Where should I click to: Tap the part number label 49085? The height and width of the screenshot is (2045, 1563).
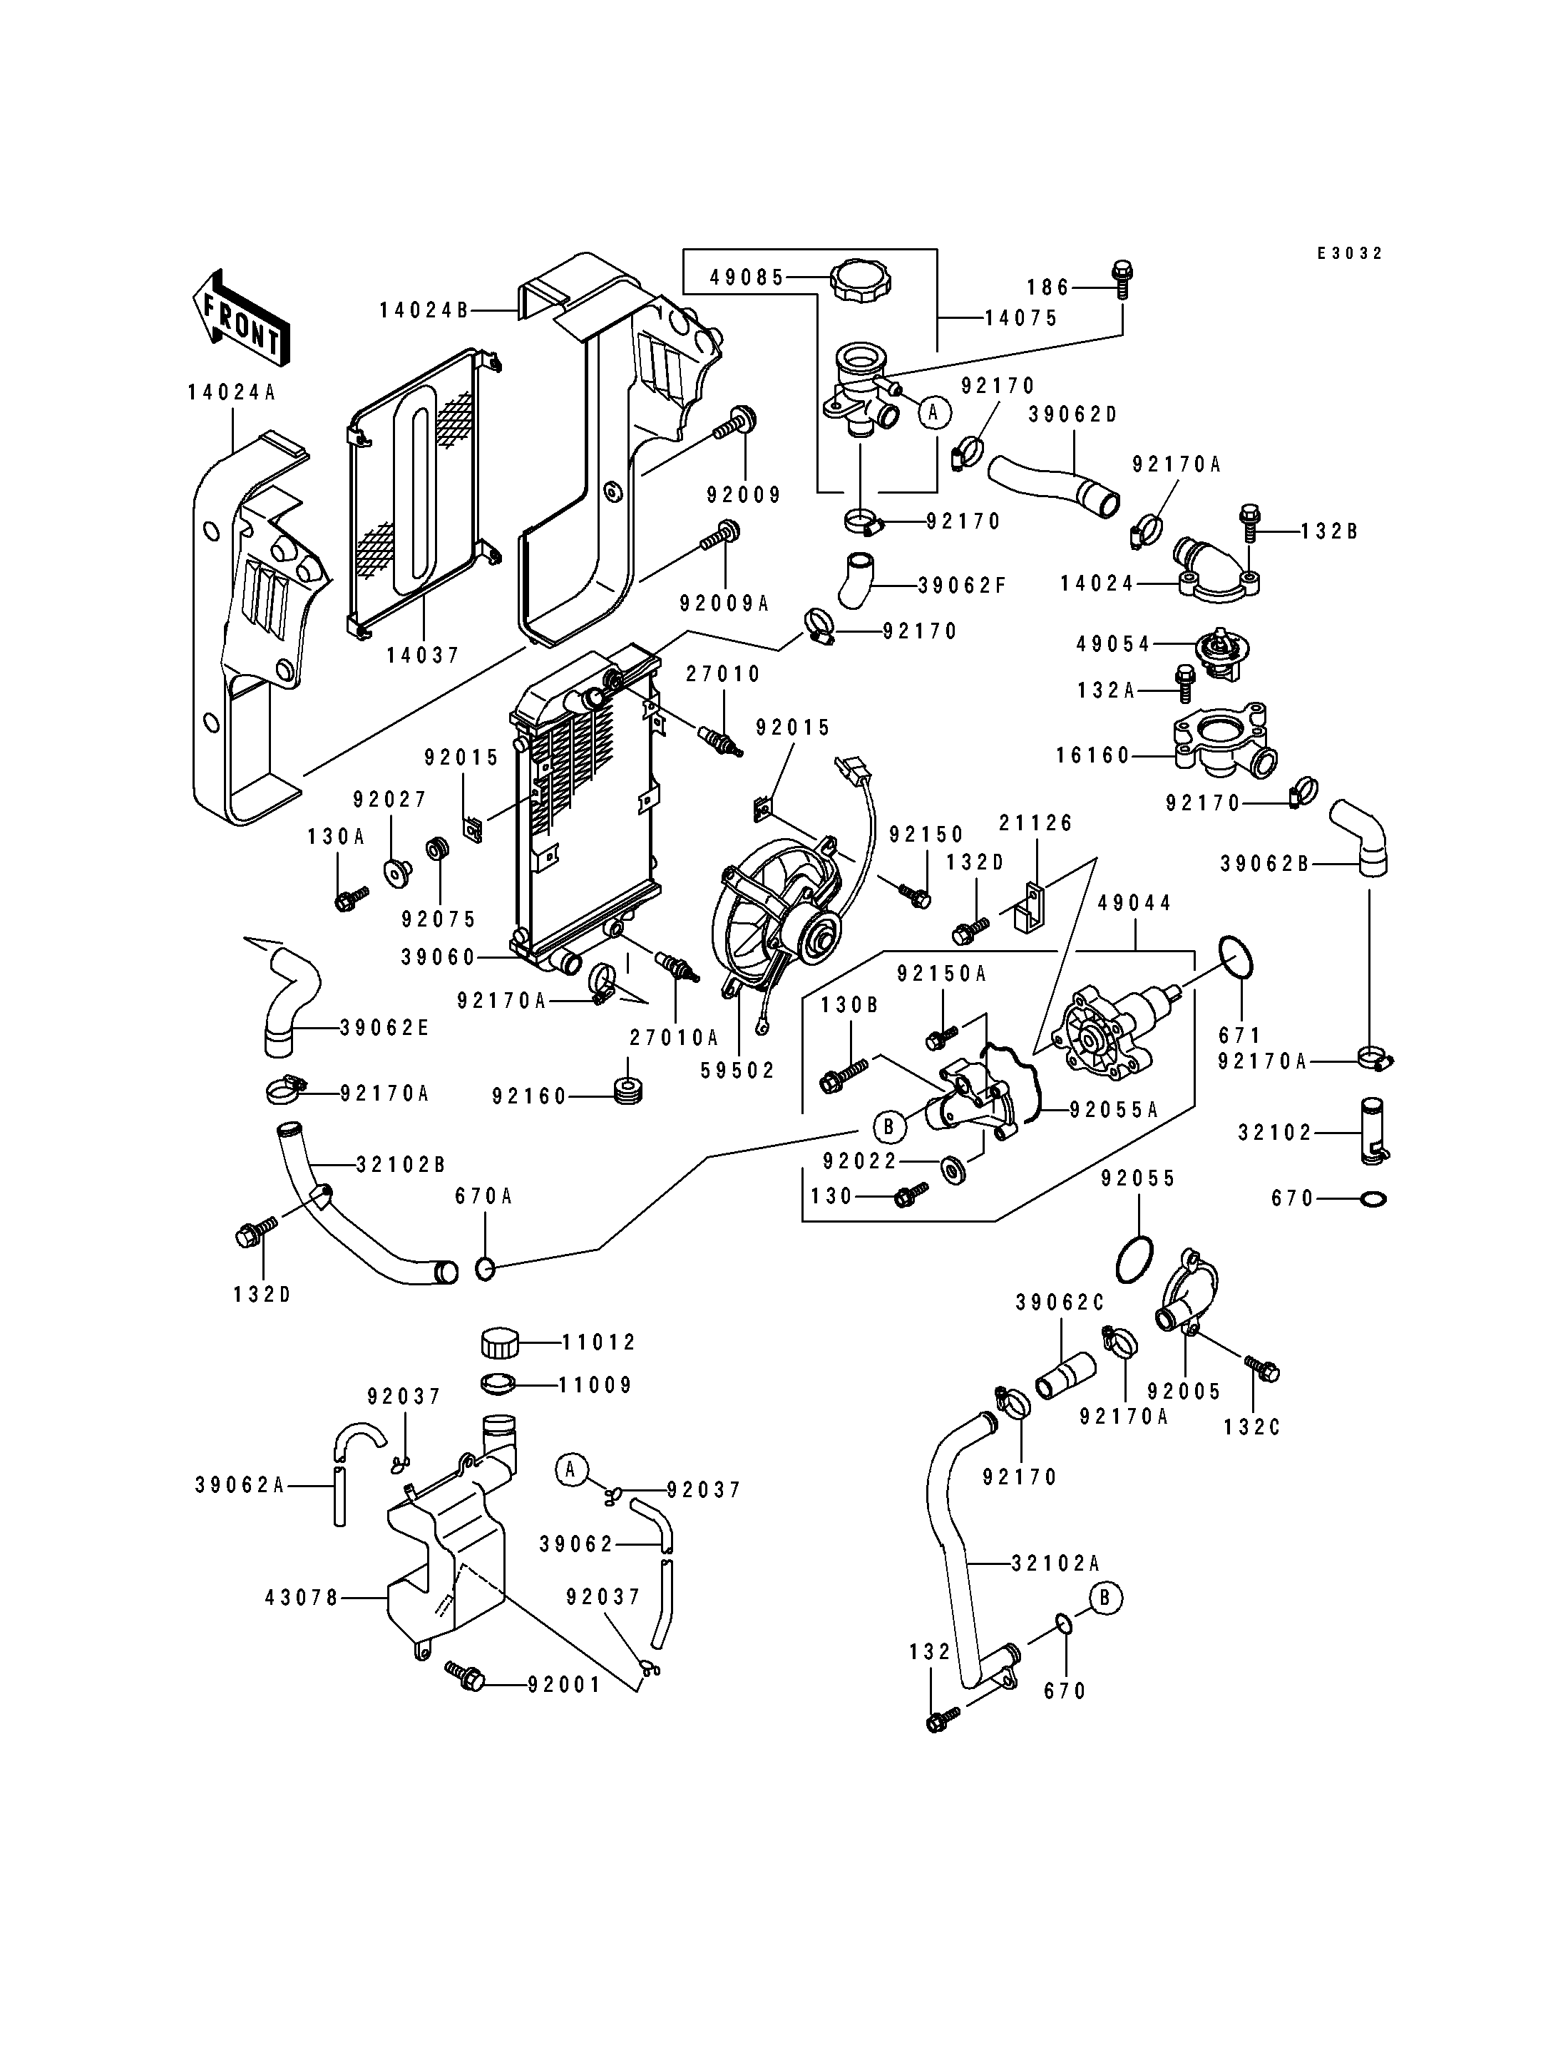pos(748,277)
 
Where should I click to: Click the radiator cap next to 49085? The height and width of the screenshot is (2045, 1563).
pos(861,280)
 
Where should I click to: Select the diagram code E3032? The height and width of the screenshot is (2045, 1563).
pos(1350,253)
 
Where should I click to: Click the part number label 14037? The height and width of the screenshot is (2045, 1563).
pos(424,656)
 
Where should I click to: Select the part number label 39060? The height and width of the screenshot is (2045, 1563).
pos(439,957)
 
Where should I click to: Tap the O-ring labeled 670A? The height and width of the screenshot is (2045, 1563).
pos(485,1268)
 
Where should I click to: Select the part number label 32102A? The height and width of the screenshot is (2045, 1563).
pos(1056,1564)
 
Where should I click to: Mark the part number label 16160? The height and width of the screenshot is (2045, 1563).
pos(1092,755)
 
